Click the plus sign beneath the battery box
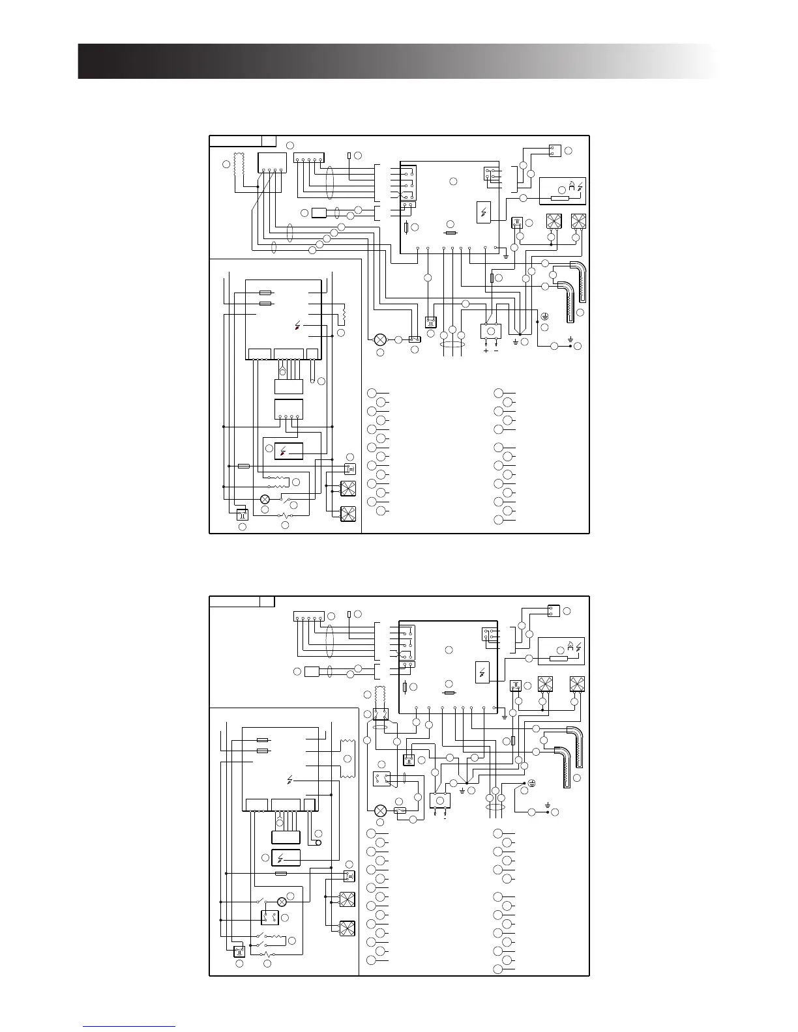click(486, 351)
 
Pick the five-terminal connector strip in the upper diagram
click(309, 158)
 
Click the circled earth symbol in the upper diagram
click(545, 317)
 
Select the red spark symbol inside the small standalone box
click(289, 451)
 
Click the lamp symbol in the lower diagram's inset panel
click(282, 902)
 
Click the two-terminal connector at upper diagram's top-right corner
click(555, 150)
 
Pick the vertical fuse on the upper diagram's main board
click(407, 227)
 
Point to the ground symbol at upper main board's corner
click(506, 256)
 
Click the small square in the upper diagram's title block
click(269, 141)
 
